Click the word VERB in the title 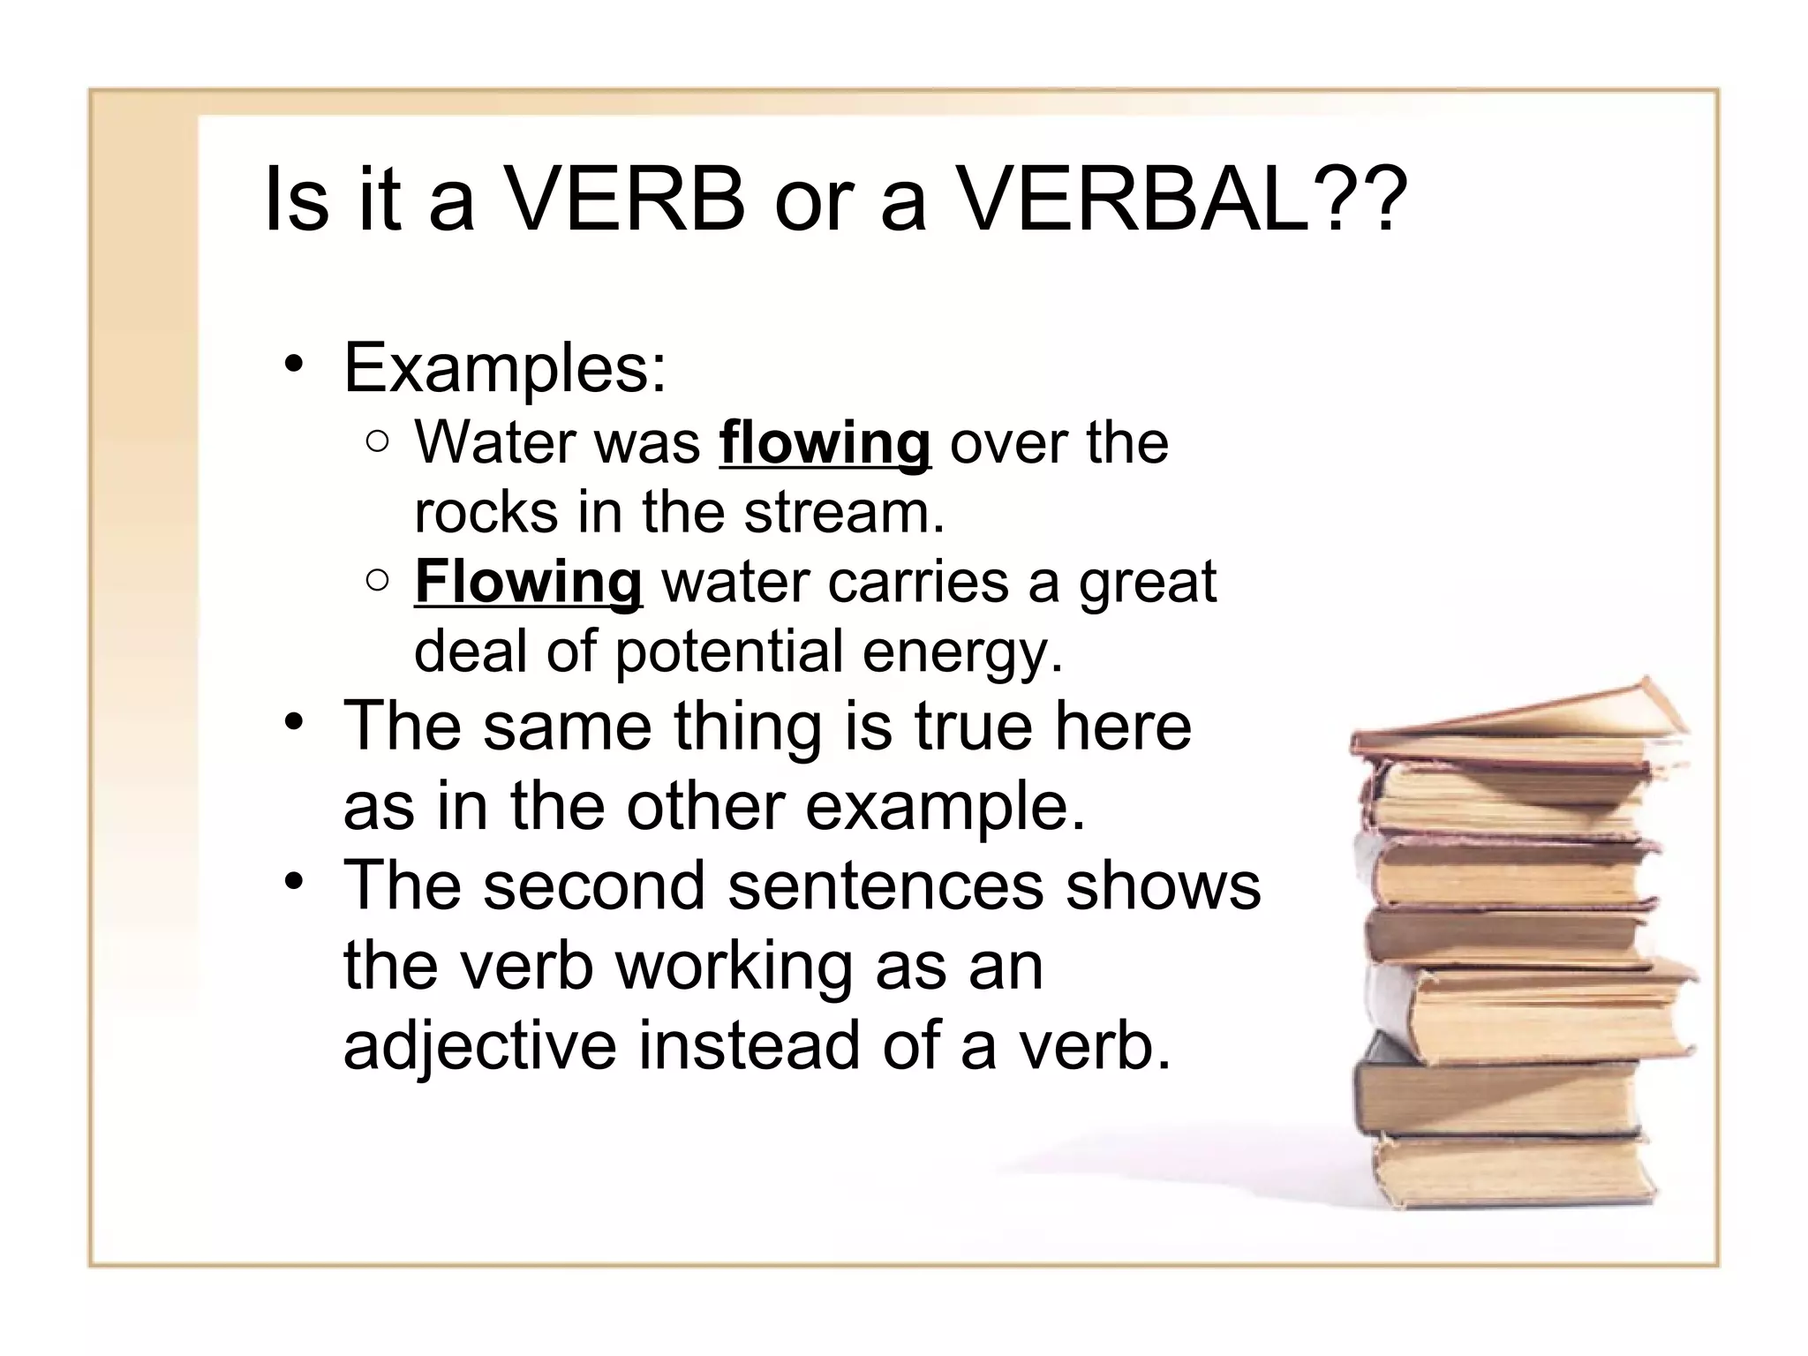(625, 200)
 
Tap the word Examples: (504, 368)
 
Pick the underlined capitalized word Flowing (528, 582)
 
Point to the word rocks (486, 512)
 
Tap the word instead (749, 1044)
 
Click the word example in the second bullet (945, 808)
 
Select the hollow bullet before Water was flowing (377, 442)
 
